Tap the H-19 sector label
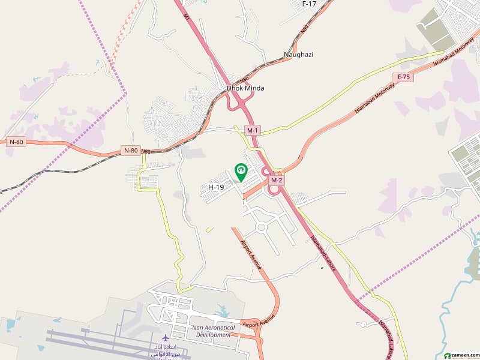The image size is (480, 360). (216, 187)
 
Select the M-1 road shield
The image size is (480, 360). (253, 130)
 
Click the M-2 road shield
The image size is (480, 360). (276, 180)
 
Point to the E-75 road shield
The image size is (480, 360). (402, 77)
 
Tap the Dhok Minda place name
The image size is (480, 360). (245, 88)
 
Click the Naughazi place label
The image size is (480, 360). (299, 55)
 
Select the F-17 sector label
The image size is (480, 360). (309, 4)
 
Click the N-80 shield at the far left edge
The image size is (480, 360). (17, 142)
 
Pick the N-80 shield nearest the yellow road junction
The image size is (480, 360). (130, 150)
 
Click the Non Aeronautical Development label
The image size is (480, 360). (212, 331)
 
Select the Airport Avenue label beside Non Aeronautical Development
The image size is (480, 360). (259, 320)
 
